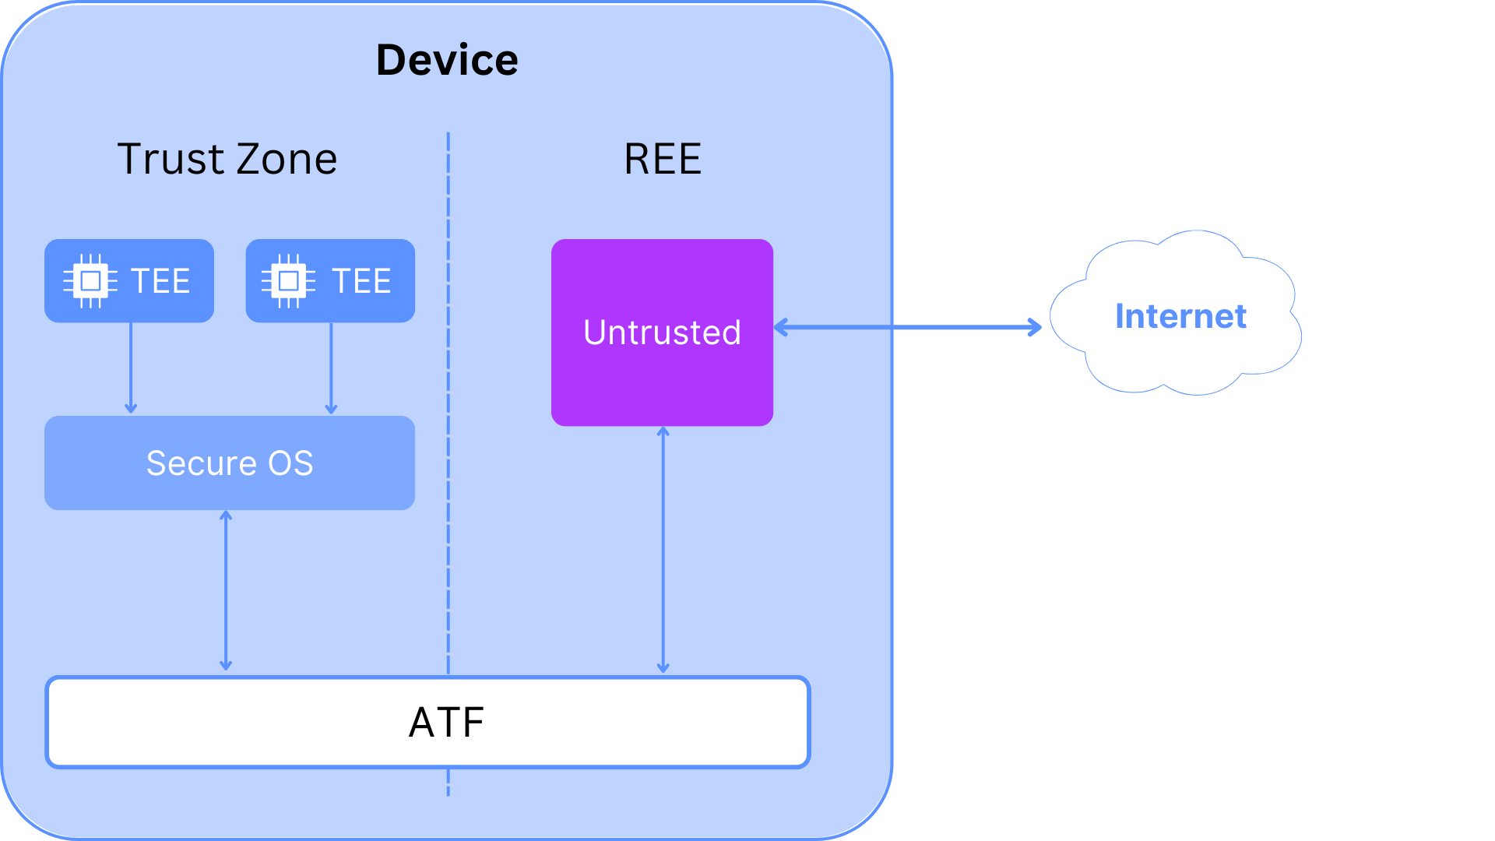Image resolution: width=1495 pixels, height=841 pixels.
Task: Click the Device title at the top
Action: (x=447, y=60)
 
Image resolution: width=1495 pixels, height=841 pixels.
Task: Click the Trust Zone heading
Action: (x=227, y=159)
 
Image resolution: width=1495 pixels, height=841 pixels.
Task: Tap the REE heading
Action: (x=663, y=159)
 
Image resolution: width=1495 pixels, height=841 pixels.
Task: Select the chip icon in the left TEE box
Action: (x=90, y=280)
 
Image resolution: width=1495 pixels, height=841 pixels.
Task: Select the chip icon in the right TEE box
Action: (x=289, y=280)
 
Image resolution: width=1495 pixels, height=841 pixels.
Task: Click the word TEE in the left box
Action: (x=160, y=281)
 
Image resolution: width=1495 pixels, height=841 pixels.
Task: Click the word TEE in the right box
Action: (x=361, y=281)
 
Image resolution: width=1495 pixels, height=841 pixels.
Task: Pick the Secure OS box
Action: (x=230, y=463)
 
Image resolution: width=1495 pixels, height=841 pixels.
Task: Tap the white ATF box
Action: (x=428, y=722)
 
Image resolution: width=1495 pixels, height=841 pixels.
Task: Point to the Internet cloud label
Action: (x=1180, y=316)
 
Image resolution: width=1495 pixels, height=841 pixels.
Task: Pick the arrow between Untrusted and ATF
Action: (x=663, y=550)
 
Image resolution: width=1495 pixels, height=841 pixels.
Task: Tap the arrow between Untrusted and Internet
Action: (x=908, y=327)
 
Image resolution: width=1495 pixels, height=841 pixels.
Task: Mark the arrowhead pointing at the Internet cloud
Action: (x=1036, y=327)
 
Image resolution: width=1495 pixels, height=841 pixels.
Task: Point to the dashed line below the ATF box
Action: (x=448, y=783)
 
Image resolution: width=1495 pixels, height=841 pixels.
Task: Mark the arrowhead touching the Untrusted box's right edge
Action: (x=780, y=327)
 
